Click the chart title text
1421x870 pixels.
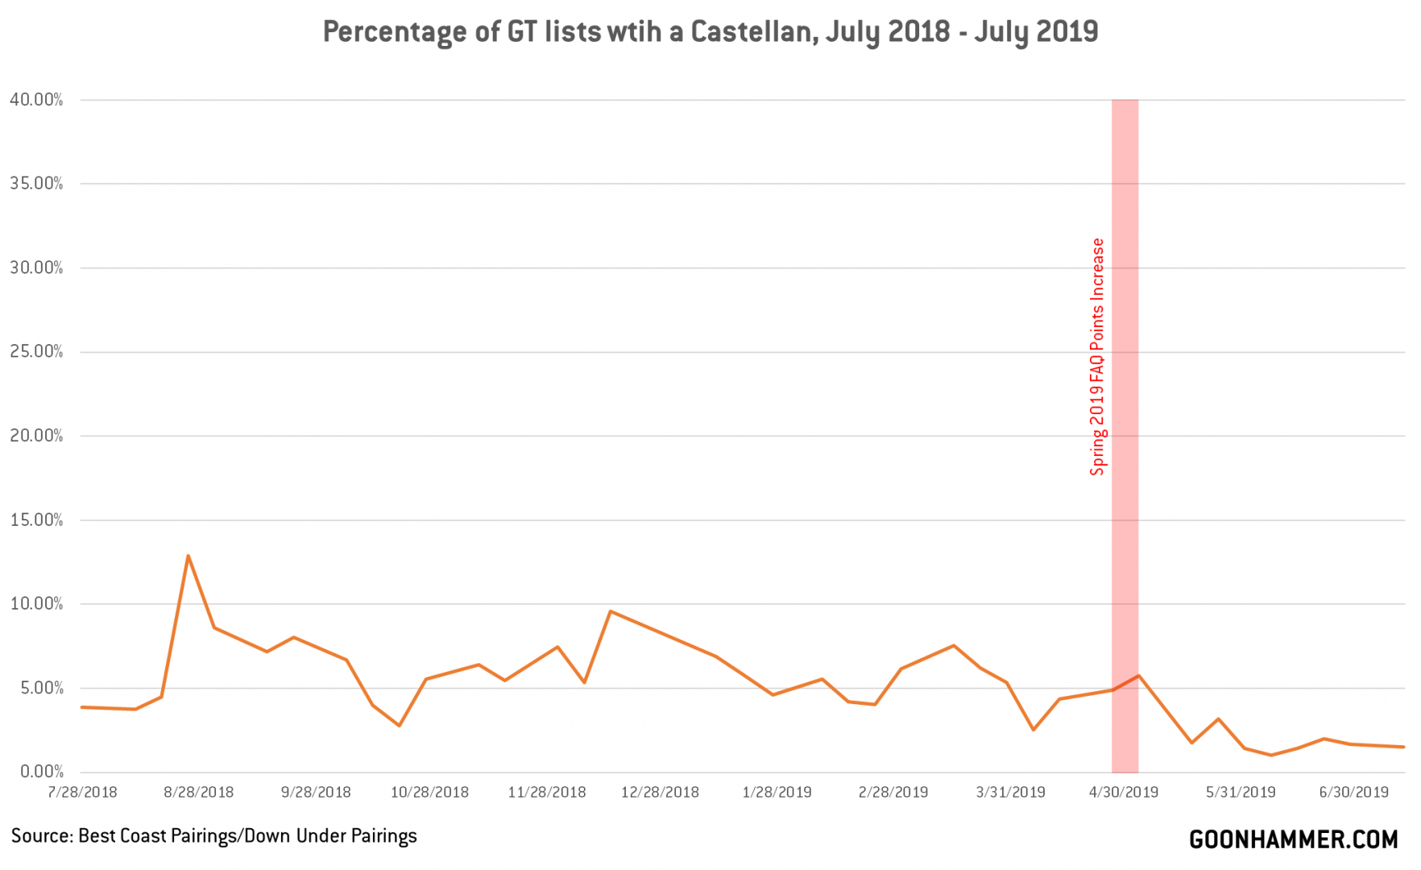pyautogui.click(x=710, y=31)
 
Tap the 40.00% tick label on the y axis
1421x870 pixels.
pyautogui.click(x=36, y=100)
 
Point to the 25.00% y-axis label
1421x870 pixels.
pyautogui.click(x=36, y=352)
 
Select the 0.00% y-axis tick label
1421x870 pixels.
pyautogui.click(x=39, y=772)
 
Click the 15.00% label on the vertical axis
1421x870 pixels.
pyautogui.click(x=36, y=520)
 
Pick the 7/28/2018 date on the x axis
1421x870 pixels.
pyautogui.click(x=82, y=793)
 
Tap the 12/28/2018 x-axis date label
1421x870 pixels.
pyautogui.click(x=660, y=793)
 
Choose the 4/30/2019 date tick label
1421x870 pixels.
pyautogui.click(x=1124, y=793)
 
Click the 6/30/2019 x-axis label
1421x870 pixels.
pyautogui.click(x=1354, y=793)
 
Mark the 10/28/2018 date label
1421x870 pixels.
pyautogui.click(x=429, y=793)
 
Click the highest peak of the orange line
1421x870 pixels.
pyautogui.click(x=188, y=556)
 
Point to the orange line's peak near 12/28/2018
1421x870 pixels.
pyautogui.click(x=611, y=611)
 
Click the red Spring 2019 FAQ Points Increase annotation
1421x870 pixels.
pyautogui.click(x=1097, y=357)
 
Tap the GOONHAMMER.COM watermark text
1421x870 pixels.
pyautogui.click(x=1293, y=840)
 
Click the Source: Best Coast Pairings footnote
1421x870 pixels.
pyautogui.click(x=214, y=836)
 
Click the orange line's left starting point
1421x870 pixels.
pyautogui.click(x=81, y=707)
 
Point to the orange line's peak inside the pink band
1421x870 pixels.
pyautogui.click(x=1137, y=676)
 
